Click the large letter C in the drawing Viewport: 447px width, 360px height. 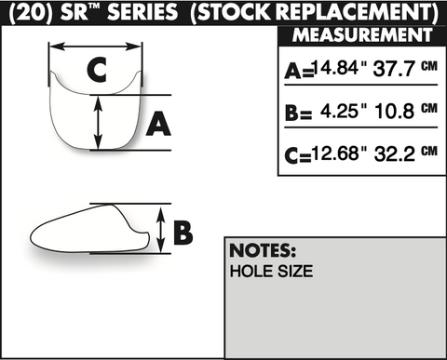pyautogui.click(x=97, y=70)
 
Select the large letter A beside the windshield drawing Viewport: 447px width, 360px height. pyautogui.click(x=158, y=124)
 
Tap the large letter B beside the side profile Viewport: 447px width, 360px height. pyautogui.click(x=183, y=232)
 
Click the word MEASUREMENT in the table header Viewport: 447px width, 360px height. pyautogui.click(x=362, y=34)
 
